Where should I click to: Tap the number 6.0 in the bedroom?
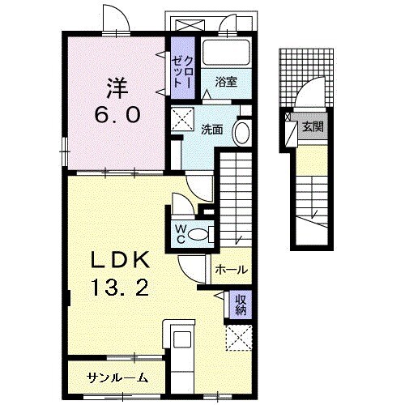tap(117, 114)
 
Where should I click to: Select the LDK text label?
tap(121, 259)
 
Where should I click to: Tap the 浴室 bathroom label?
tap(226, 82)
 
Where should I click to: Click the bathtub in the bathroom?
tap(226, 53)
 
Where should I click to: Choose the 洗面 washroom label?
tap(212, 130)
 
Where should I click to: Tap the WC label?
tap(181, 233)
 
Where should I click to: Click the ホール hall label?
tap(232, 270)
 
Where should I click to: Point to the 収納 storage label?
tap(241, 305)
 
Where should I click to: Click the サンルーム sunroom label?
tap(117, 377)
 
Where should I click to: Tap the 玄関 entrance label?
tap(313, 126)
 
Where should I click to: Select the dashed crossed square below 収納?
tap(239, 338)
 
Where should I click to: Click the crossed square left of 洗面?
tap(182, 119)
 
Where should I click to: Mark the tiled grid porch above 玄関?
tap(306, 78)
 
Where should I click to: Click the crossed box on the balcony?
tap(190, 25)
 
